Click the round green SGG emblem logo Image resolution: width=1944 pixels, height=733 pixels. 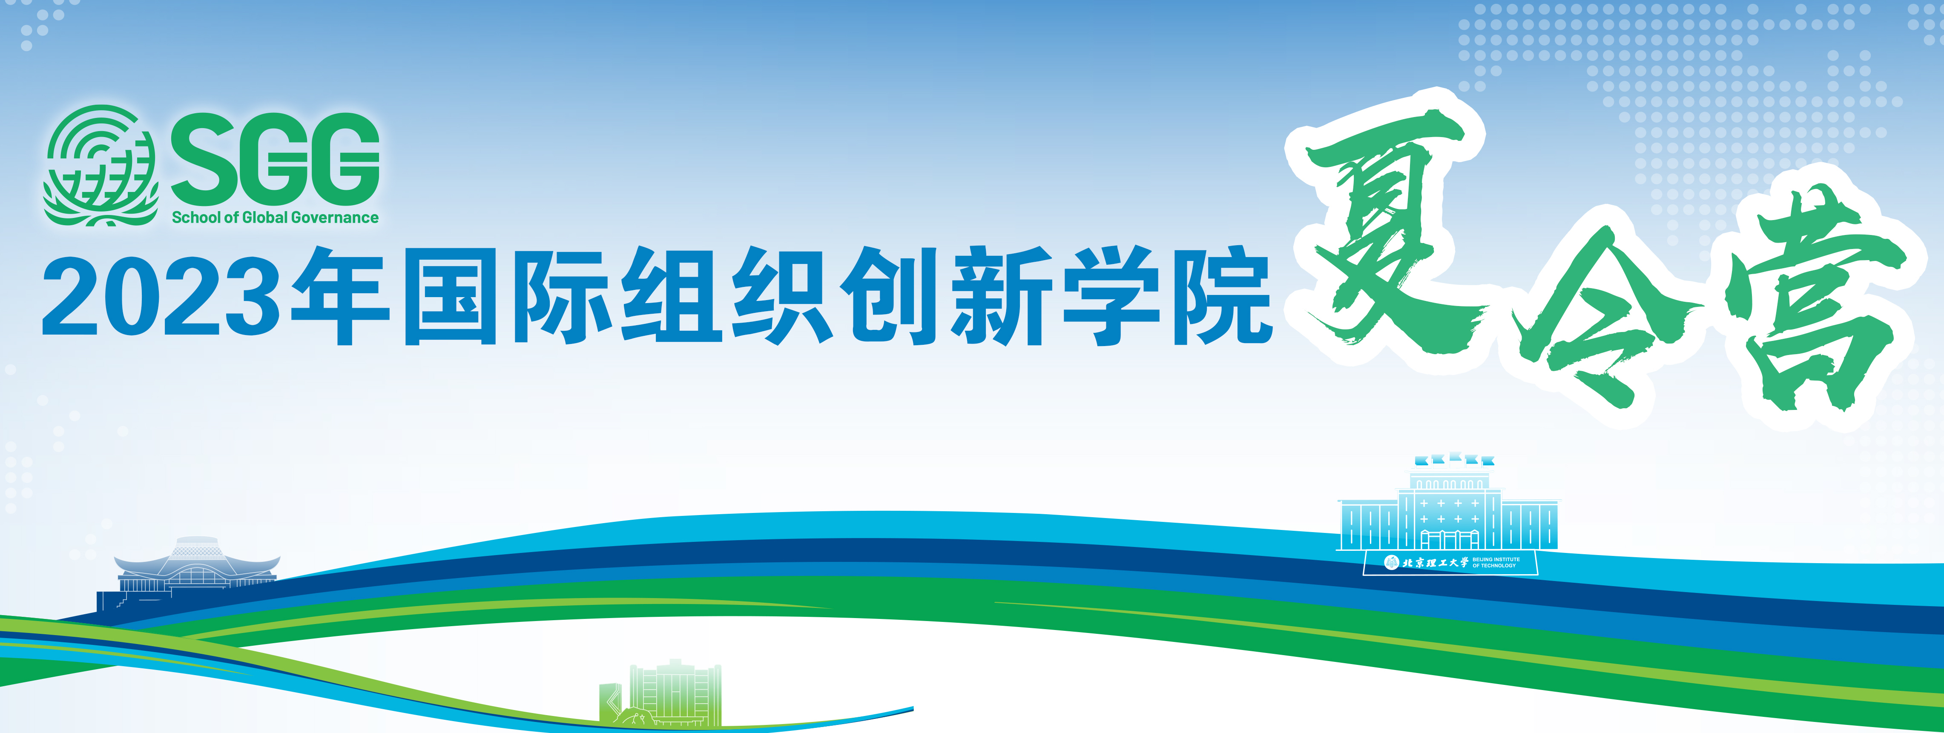pyautogui.click(x=101, y=166)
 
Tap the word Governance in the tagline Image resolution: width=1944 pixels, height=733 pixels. pyautogui.click(x=335, y=217)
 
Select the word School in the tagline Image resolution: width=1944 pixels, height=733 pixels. pyautogui.click(x=196, y=217)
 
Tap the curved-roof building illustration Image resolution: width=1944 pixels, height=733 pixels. pyautogui.click(x=189, y=573)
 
